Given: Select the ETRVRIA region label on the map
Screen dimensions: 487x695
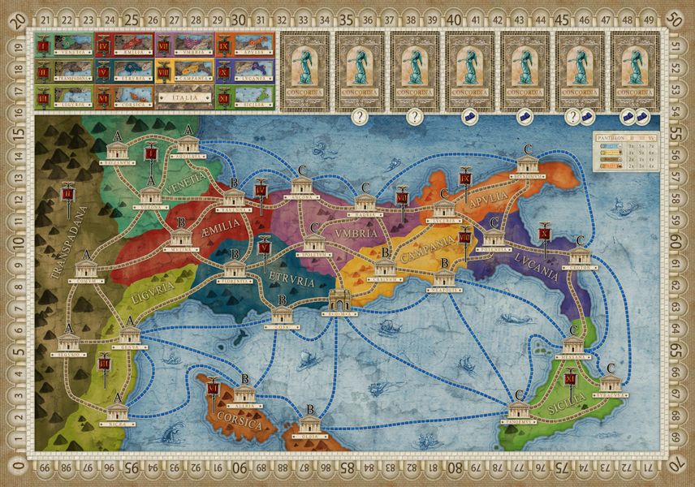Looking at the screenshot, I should click(x=289, y=282).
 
